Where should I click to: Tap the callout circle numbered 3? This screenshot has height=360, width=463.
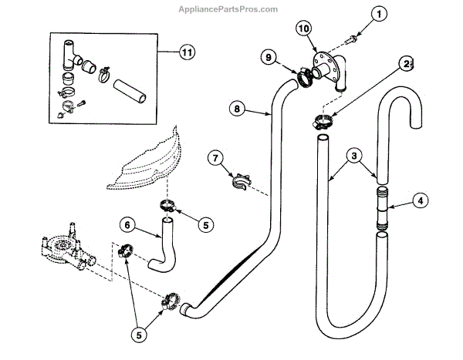pyautogui.click(x=352, y=156)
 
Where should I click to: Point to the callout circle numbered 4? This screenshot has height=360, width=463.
pyautogui.click(x=420, y=202)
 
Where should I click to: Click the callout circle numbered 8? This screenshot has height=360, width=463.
pyautogui.click(x=238, y=109)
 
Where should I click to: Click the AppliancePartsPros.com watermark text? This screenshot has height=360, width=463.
pyautogui.click(x=231, y=9)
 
